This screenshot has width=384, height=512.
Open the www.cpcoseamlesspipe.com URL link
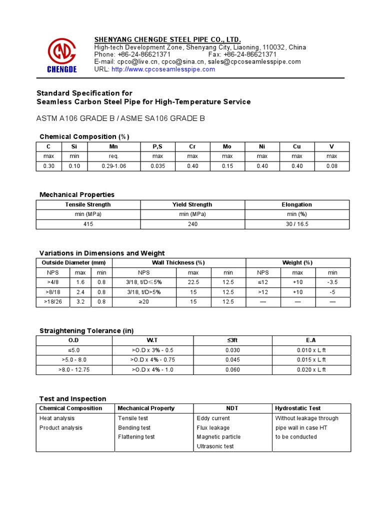163,69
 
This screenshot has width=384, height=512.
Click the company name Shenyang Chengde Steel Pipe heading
168,39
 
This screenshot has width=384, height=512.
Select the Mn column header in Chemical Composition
113,146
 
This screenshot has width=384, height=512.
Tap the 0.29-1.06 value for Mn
113,166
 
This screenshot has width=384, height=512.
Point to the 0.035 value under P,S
157,166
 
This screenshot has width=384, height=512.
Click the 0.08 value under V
331,166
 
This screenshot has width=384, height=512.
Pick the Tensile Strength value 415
88,224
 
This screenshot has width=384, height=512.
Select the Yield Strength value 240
192,224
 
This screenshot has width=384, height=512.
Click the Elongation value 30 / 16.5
297,224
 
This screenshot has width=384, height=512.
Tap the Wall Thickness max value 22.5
193,282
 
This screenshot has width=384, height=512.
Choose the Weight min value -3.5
332,282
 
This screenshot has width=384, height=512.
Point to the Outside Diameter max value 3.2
80,301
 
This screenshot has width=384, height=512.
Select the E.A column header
311,340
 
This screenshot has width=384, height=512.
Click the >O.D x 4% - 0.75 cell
154,360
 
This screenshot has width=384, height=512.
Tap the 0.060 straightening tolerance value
233,369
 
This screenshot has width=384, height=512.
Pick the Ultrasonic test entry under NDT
215,446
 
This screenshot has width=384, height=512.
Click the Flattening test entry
136,436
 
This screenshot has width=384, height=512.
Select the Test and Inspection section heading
73,398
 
